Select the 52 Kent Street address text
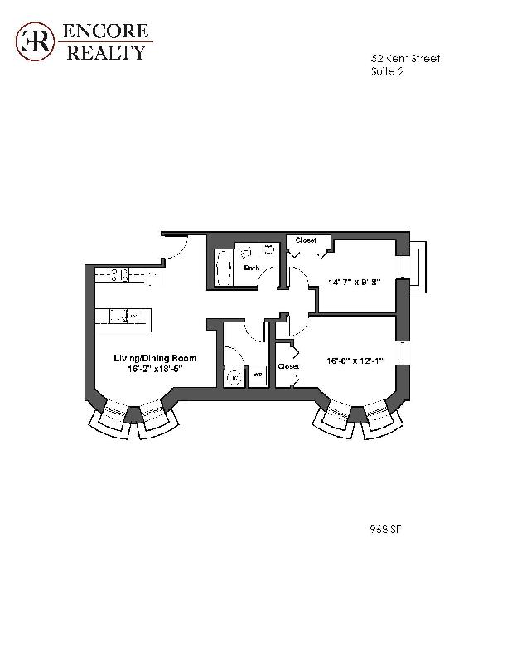405,59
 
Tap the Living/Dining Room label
155,358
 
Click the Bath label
250,268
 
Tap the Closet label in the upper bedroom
306,240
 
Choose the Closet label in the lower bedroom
288,365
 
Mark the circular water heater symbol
234,377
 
